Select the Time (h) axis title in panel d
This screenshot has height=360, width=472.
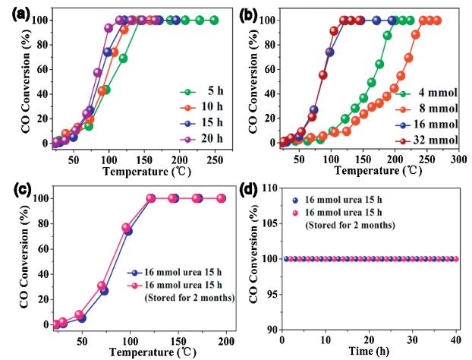[x=370, y=352]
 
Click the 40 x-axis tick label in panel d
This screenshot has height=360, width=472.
[x=455, y=338]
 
